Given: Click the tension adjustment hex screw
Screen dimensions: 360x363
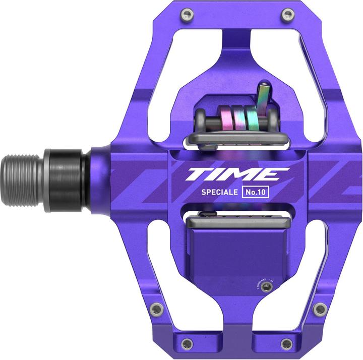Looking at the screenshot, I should pyautogui.click(x=268, y=286).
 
